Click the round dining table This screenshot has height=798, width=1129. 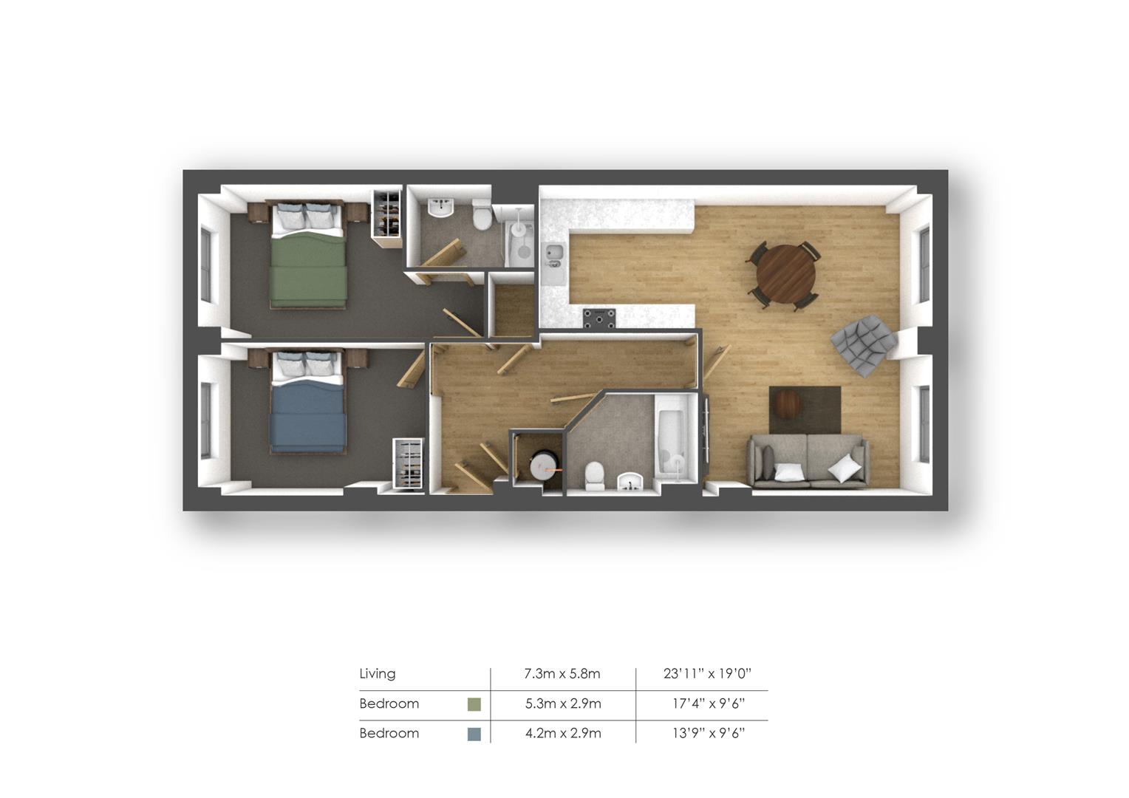pyautogui.click(x=785, y=273)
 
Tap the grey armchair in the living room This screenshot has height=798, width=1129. pyautogui.click(x=864, y=345)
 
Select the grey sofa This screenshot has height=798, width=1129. pyautogui.click(x=808, y=461)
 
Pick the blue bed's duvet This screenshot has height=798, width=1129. pyautogui.click(x=308, y=415)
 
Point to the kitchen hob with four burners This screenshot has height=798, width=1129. pyautogui.click(x=599, y=318)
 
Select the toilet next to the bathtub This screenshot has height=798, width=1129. pyautogui.click(x=595, y=476)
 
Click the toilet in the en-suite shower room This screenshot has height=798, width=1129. pyautogui.click(x=482, y=215)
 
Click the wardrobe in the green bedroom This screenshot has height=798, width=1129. pyautogui.click(x=387, y=214)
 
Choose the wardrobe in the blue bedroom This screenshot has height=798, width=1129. pyautogui.click(x=409, y=464)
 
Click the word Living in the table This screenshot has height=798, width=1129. pyautogui.click(x=377, y=673)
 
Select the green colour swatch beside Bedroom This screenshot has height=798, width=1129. pyautogui.click(x=474, y=703)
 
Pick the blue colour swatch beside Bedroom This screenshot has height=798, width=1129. pyautogui.click(x=474, y=734)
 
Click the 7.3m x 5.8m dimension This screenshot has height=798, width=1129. pyautogui.click(x=562, y=673)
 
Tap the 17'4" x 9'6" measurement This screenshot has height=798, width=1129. pyautogui.click(x=708, y=703)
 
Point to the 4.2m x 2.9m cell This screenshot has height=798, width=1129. pyautogui.click(x=563, y=733)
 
